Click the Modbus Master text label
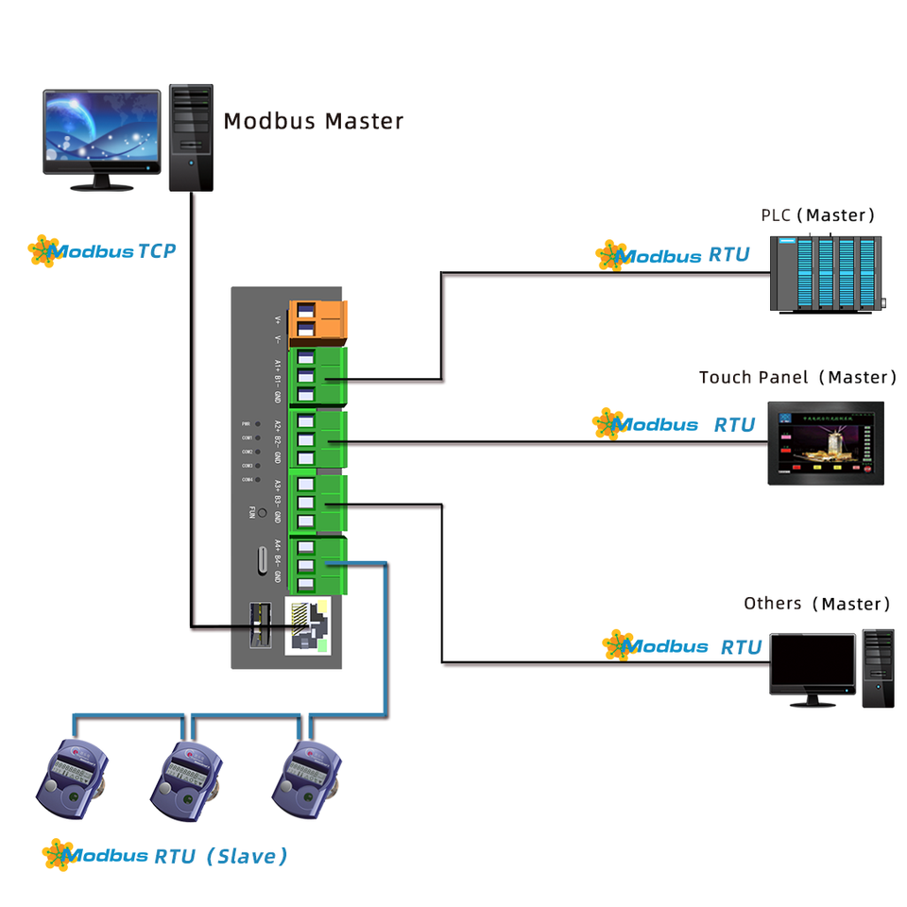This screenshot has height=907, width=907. coord(313,122)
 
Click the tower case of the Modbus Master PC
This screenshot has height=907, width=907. coord(191,137)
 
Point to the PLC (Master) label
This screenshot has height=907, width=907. coord(818,215)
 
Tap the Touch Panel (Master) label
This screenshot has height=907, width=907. coord(797,377)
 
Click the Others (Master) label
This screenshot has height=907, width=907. coord(816,604)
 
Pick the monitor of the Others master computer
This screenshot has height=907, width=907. coord(812,668)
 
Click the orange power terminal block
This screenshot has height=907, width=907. coord(318,319)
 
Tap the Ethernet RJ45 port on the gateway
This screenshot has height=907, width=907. coord(310,625)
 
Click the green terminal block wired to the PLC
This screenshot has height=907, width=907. coord(318,377)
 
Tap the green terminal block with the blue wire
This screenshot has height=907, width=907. coord(318,565)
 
